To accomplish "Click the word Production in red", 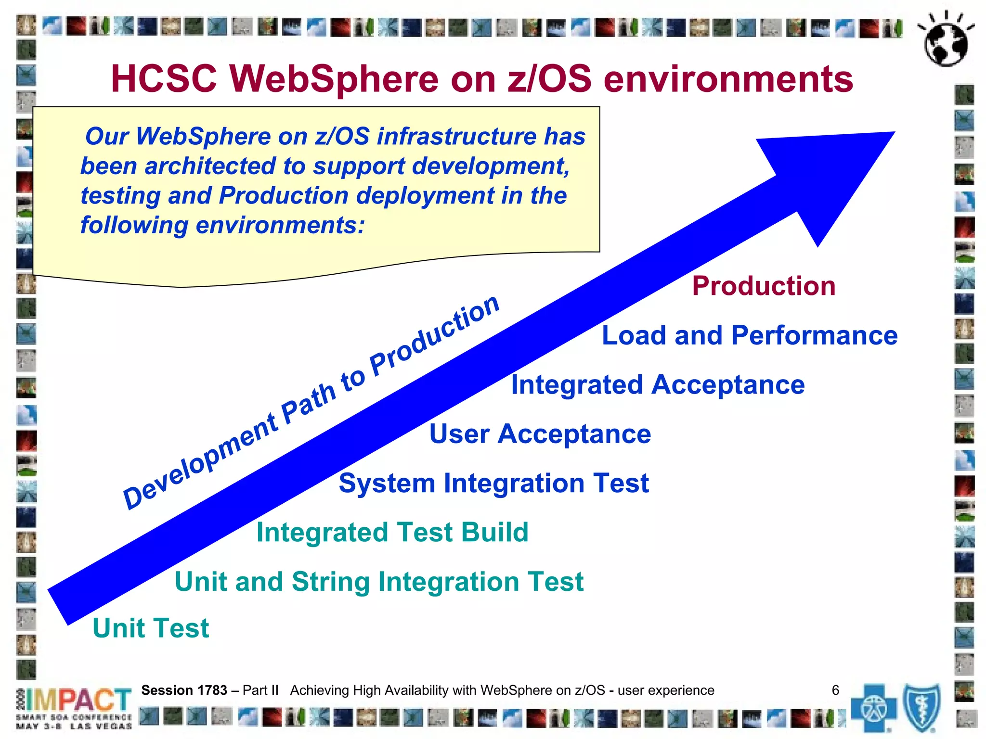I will (764, 286).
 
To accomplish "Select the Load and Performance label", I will (749, 335).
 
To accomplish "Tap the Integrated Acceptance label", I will (658, 385).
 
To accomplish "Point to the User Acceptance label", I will (540, 434).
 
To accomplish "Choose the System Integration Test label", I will (493, 483).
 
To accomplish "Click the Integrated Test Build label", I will (392, 533).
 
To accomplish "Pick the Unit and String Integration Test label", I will (379, 582).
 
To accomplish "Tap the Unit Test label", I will (151, 628).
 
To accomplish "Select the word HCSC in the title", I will (164, 79).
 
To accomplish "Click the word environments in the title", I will (728, 79).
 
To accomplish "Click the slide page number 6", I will (835, 690).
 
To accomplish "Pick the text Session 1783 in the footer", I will (184, 690).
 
